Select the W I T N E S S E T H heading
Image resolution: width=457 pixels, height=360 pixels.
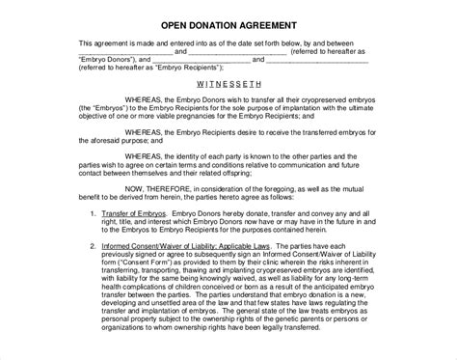click(x=228, y=84)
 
